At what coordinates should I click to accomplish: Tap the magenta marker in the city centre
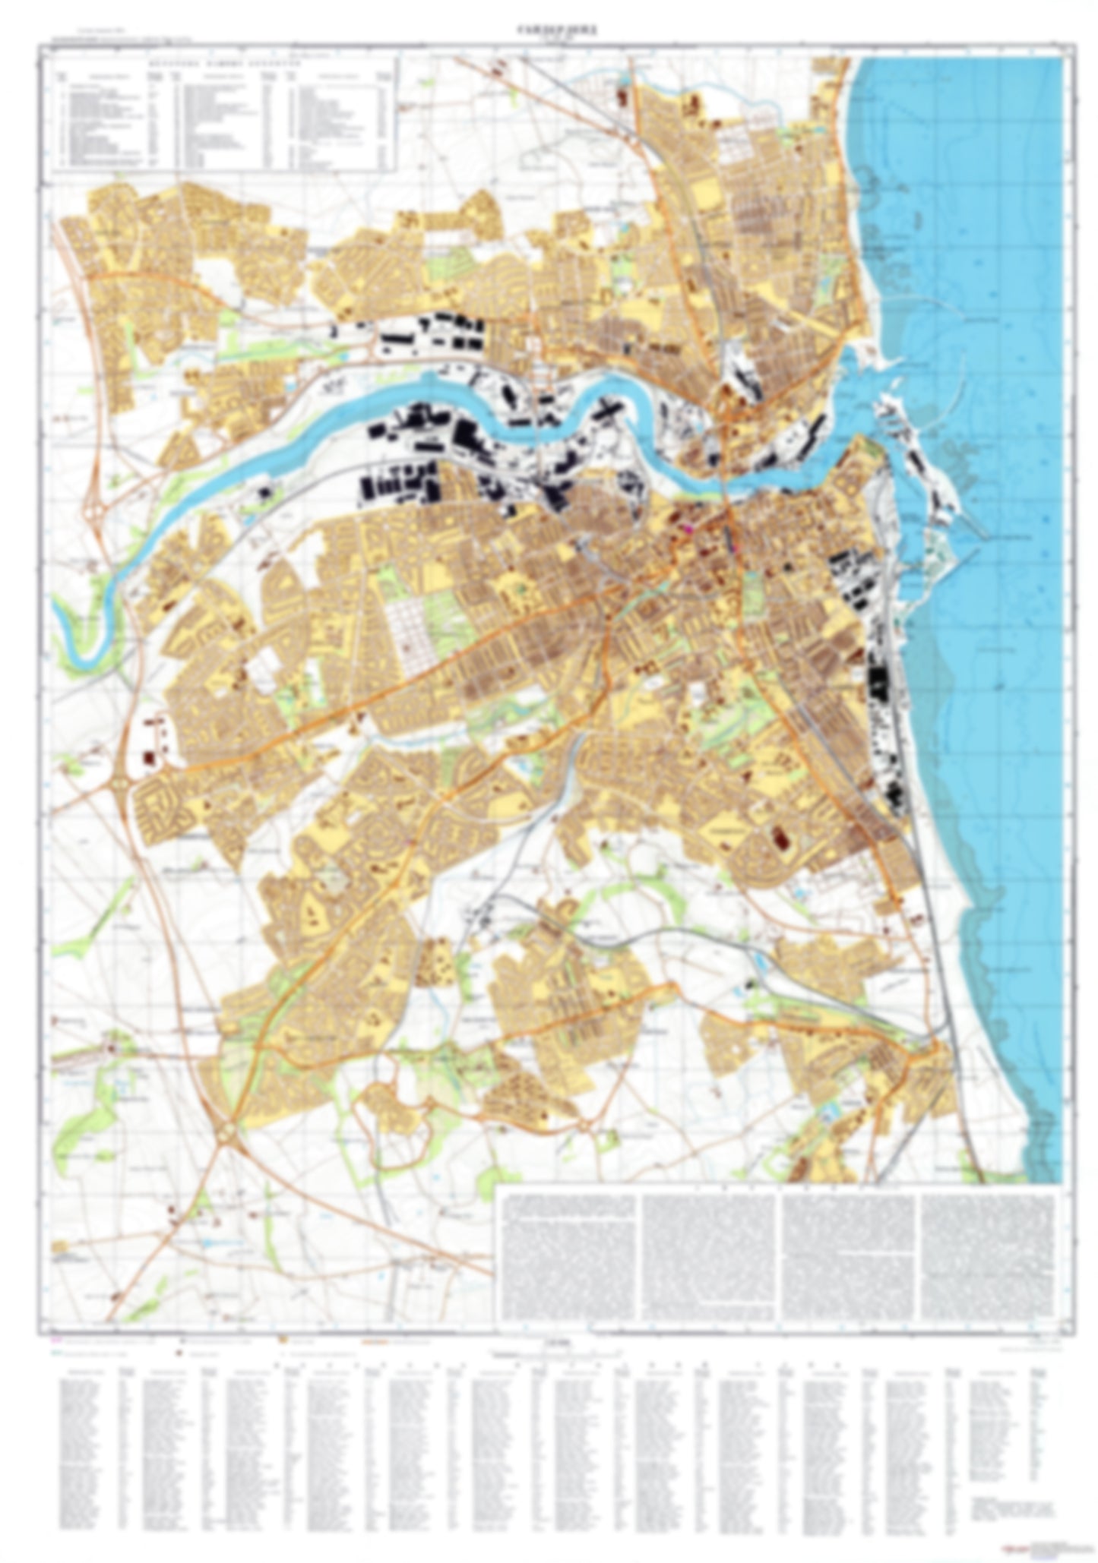pyautogui.click(x=691, y=527)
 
